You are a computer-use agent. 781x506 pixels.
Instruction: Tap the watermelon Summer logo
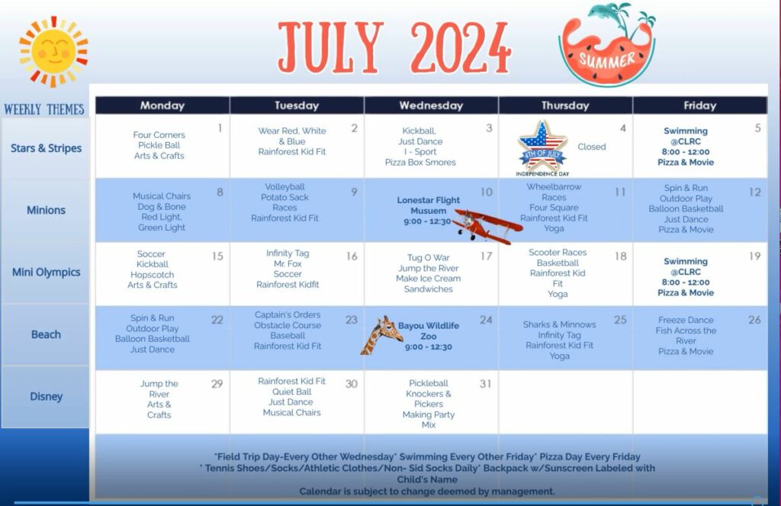[x=607, y=47]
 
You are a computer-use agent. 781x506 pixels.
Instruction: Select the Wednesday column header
[x=431, y=105]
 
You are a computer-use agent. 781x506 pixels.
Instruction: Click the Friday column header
[x=699, y=105]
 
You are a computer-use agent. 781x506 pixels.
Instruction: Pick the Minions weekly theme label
[x=46, y=210]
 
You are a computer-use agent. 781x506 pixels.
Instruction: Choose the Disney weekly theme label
[x=46, y=396]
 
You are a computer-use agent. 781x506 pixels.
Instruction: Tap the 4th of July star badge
[x=542, y=147]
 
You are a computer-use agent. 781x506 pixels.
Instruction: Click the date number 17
[x=486, y=256]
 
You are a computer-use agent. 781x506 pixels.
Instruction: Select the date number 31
[x=485, y=384]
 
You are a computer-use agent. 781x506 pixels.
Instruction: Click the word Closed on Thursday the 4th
[x=591, y=147]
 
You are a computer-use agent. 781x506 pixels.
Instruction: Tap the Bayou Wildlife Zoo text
[x=429, y=330]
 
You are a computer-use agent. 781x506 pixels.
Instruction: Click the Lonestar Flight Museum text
[x=429, y=205]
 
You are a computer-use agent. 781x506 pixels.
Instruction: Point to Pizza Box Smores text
[x=420, y=162]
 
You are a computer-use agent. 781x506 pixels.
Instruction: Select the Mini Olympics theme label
[x=46, y=272]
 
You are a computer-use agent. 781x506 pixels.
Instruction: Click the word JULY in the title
[x=329, y=46]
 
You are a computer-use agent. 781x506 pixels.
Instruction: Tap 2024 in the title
[x=460, y=46]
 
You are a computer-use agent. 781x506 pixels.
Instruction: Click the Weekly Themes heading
[x=44, y=109]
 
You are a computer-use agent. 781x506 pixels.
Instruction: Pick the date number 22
[x=217, y=320]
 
